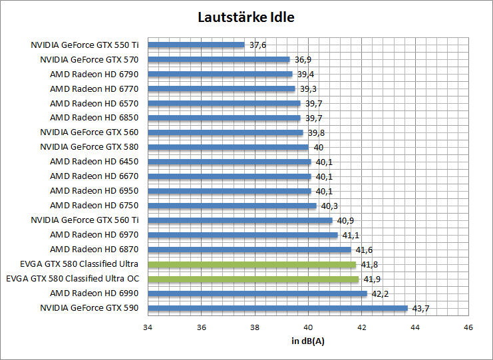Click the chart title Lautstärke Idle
pos(246,17)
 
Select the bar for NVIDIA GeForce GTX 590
pos(277,308)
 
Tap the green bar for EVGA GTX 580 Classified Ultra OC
pos(253,279)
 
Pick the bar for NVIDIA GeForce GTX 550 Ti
pos(196,45)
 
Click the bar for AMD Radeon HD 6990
pos(257,293)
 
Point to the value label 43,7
pos(421,308)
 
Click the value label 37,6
pos(257,45)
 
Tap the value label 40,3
pos(329,206)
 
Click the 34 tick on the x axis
pos(148,327)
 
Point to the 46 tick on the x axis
pos(468,327)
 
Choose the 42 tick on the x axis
pos(361,327)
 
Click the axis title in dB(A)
pos(308,341)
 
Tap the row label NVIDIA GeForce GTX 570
pos(89,60)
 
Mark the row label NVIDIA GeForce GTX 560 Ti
pos(85,220)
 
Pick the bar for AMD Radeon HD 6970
pos(243,235)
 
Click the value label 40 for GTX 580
pos(318,147)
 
